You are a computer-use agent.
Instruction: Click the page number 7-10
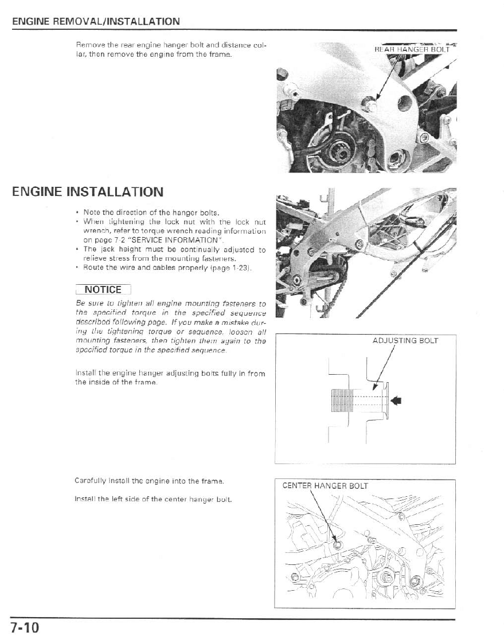click(x=24, y=627)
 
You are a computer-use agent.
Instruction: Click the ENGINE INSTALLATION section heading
click(x=88, y=191)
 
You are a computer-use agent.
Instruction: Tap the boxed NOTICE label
click(x=103, y=289)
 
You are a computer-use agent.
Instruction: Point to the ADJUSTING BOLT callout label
click(x=405, y=340)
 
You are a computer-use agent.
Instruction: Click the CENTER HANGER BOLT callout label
click(x=325, y=486)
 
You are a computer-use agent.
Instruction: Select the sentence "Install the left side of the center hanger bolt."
click(x=153, y=500)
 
